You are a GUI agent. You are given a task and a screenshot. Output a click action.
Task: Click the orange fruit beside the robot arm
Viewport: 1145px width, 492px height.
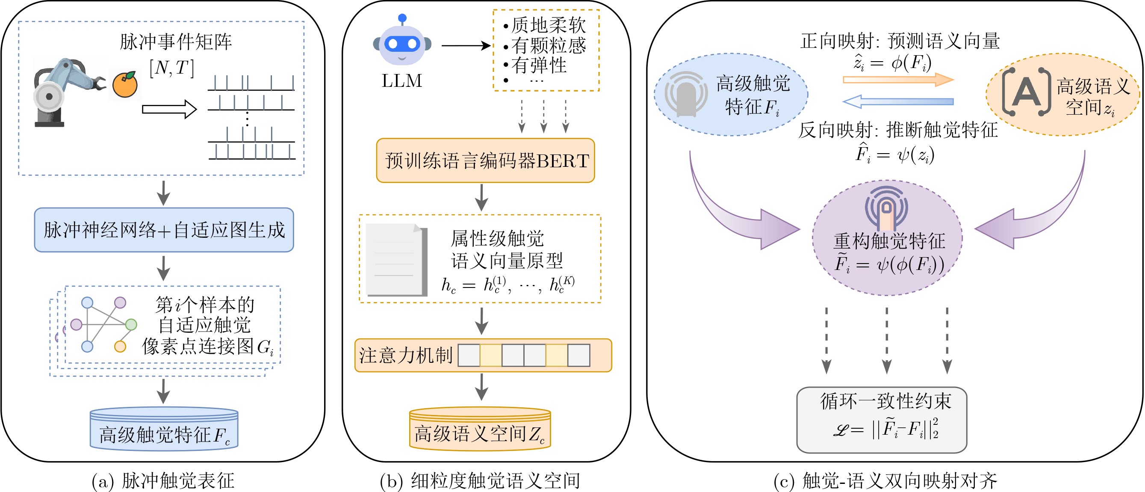click(125, 85)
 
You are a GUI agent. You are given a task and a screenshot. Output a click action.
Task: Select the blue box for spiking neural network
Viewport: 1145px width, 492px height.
click(164, 230)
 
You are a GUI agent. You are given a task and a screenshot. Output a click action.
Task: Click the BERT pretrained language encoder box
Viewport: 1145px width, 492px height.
click(485, 160)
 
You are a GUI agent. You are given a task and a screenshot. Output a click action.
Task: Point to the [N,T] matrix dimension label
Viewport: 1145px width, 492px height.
click(172, 68)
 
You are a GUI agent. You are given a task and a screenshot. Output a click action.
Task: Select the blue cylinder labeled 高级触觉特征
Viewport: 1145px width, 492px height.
click(164, 429)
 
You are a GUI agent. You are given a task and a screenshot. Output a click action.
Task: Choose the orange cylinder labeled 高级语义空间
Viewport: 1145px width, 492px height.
click(480, 429)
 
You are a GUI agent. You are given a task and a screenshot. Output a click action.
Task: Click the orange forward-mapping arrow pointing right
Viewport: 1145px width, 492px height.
click(898, 80)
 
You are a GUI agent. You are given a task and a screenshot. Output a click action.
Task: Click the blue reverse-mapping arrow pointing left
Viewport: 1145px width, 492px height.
click(898, 101)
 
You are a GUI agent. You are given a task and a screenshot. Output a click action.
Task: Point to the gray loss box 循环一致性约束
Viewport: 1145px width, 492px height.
click(882, 420)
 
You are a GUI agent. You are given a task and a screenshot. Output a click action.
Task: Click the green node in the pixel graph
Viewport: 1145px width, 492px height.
click(131, 324)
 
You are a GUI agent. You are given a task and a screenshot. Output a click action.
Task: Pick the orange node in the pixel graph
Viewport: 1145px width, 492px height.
click(120, 347)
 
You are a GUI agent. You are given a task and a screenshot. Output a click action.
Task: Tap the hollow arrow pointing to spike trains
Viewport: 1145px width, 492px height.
click(169, 110)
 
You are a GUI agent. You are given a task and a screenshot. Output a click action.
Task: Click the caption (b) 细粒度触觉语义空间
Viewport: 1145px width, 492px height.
click(480, 480)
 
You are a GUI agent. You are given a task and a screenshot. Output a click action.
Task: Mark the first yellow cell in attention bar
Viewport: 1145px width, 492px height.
click(491, 356)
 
